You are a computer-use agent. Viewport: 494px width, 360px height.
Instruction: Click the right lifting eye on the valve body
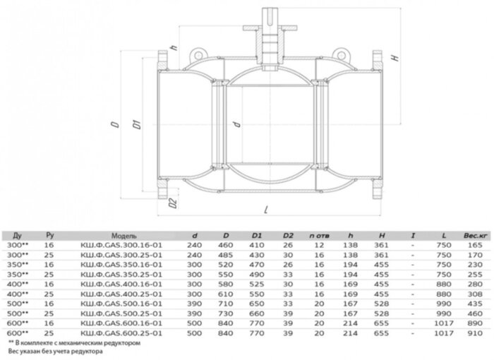tap(344, 52)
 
